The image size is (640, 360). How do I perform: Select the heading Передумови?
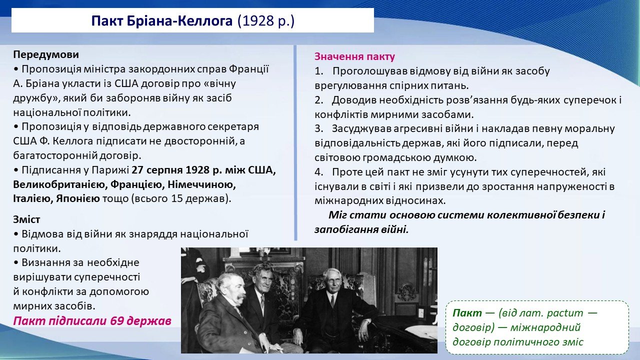point(46,54)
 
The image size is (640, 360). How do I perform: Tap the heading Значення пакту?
point(354,56)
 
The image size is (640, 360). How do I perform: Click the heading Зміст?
point(26,219)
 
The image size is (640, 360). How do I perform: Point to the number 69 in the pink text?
point(117,321)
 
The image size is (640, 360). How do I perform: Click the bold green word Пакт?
point(467,313)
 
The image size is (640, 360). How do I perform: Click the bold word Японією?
point(78,198)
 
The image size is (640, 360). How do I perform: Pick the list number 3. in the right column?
point(318,129)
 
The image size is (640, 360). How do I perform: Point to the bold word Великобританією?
point(59,184)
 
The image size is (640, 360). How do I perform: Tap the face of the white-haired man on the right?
point(332,281)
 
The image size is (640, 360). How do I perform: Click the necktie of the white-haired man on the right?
point(332,301)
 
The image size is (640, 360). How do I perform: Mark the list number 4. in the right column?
point(319,172)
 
